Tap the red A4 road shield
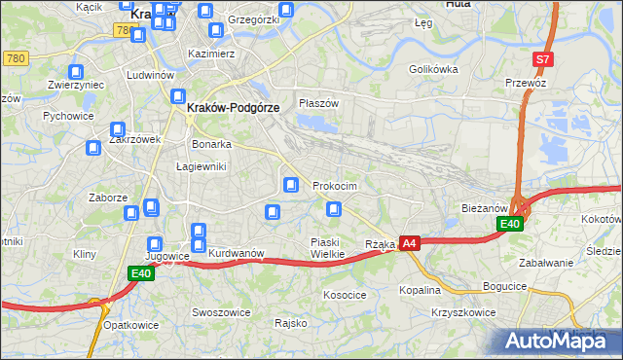click(410, 243)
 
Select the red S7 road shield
click(543, 59)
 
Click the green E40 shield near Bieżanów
click(510, 224)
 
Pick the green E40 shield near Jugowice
click(140, 274)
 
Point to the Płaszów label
click(318, 103)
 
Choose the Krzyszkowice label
click(462, 313)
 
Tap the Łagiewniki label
click(201, 166)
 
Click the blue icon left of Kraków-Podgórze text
click(178, 95)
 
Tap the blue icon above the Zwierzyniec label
click(76, 71)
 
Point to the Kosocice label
click(345, 294)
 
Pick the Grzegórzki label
click(252, 19)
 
